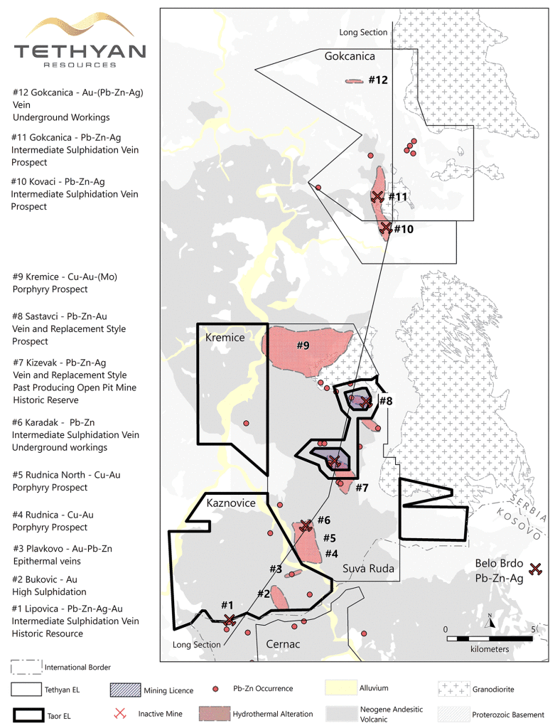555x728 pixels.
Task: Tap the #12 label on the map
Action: (378, 80)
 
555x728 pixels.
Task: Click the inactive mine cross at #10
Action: (385, 227)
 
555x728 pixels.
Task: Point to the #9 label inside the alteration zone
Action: (303, 346)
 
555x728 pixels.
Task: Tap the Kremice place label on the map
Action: (225, 337)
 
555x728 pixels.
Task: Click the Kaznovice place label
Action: (230, 503)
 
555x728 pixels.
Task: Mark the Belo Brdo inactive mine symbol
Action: (537, 568)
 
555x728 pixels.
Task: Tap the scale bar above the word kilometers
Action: (490, 638)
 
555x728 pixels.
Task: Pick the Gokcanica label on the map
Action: (350, 56)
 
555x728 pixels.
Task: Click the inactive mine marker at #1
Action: (230, 621)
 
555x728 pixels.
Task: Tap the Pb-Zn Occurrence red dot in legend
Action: (215, 689)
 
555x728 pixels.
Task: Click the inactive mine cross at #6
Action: (306, 525)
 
